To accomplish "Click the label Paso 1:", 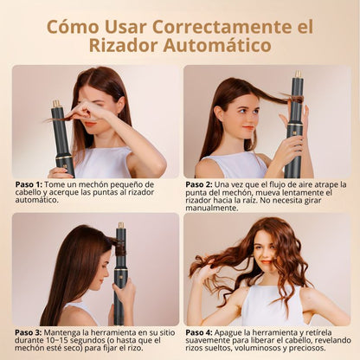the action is click(x=29, y=184).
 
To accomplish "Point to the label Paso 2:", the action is click(x=199, y=184).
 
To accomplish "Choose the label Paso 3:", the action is click(x=29, y=332).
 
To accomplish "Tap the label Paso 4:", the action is click(x=199, y=332).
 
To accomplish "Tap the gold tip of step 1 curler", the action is click(x=56, y=103).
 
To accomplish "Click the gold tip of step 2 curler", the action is click(x=298, y=74).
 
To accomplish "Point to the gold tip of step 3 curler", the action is click(x=121, y=225).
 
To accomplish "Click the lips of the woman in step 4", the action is click(x=267, y=262).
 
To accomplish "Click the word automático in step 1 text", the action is click(x=36, y=200).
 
